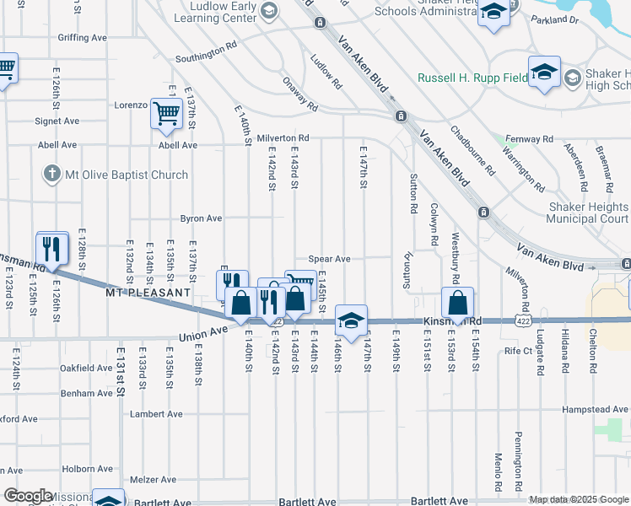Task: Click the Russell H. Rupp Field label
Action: [x=472, y=78]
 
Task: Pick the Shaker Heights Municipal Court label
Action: [x=587, y=213]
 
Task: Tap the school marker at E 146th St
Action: [x=351, y=320]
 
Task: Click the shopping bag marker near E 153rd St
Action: [x=456, y=303]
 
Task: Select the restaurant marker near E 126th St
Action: [x=52, y=249]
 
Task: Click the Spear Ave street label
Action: [x=329, y=259]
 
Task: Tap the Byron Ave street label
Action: [x=201, y=218]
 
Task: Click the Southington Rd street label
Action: [x=206, y=56]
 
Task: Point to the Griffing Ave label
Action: [x=82, y=38]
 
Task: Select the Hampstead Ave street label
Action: [x=596, y=410]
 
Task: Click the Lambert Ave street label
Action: [x=156, y=414]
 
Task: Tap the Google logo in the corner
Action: [x=28, y=496]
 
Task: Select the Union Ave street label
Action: [x=202, y=333]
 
